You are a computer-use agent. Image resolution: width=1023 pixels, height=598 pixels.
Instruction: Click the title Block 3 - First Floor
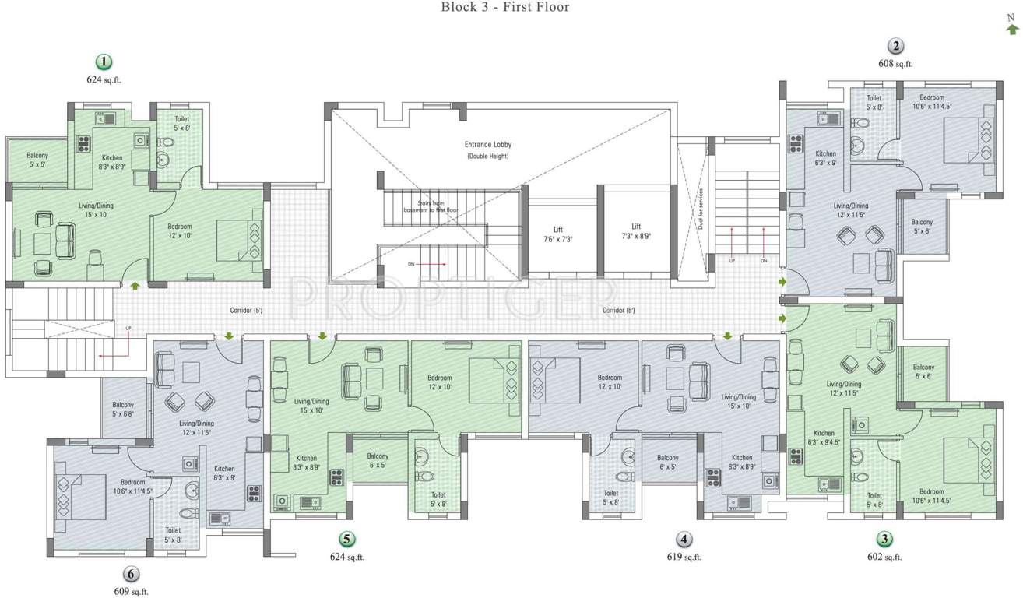pyautogui.click(x=505, y=8)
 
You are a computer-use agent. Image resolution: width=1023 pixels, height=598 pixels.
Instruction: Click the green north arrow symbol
pyautogui.click(x=1012, y=29)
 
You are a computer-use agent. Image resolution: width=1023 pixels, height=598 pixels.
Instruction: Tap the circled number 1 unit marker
pyautogui.click(x=103, y=62)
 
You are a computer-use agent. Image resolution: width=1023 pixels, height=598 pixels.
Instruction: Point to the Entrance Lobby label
pyautogui.click(x=488, y=145)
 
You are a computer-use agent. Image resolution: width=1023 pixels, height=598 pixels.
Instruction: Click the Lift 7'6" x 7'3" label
pyautogui.click(x=558, y=234)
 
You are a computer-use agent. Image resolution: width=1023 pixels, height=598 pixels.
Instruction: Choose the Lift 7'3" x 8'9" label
pyautogui.click(x=636, y=230)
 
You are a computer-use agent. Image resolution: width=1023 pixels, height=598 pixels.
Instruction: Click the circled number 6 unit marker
pyautogui.click(x=131, y=575)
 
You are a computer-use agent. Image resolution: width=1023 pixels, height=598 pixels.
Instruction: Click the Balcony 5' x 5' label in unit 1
pyautogui.click(x=37, y=160)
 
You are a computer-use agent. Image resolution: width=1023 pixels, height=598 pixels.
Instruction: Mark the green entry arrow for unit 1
pyautogui.click(x=135, y=287)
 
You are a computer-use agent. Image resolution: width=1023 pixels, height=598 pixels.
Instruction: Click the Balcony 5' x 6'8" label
pyautogui.click(x=123, y=410)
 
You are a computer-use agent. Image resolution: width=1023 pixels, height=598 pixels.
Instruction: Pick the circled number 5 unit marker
pyautogui.click(x=346, y=539)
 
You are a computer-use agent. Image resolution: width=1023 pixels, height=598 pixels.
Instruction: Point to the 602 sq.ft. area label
pyautogui.click(x=884, y=557)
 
